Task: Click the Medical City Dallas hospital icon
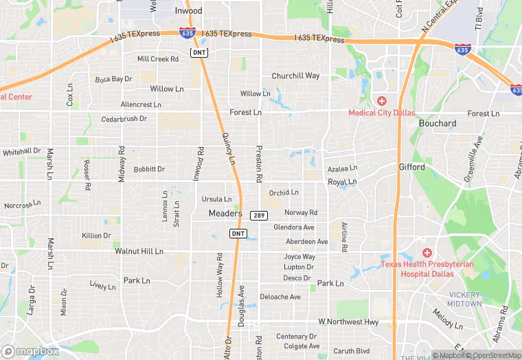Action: pyautogui.click(x=381, y=101)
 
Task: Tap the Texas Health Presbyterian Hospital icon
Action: pyautogui.click(x=427, y=254)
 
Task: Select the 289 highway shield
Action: pyautogui.click(x=258, y=216)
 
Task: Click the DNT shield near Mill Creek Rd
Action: pyautogui.click(x=199, y=52)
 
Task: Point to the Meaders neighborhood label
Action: pyautogui.click(x=225, y=214)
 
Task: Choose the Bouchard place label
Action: pyautogui.click(x=438, y=124)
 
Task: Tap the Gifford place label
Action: pyautogui.click(x=412, y=167)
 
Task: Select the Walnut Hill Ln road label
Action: pyautogui.click(x=139, y=251)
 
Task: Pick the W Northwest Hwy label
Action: pyautogui.click(x=348, y=322)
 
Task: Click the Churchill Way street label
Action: pyautogui.click(x=295, y=76)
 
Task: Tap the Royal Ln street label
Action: pyautogui.click(x=342, y=182)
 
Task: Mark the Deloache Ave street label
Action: pyautogui.click(x=280, y=297)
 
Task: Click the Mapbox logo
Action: pyautogui.click(x=30, y=351)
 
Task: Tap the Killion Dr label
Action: pyautogui.click(x=96, y=236)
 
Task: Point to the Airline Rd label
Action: pyautogui.click(x=344, y=236)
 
